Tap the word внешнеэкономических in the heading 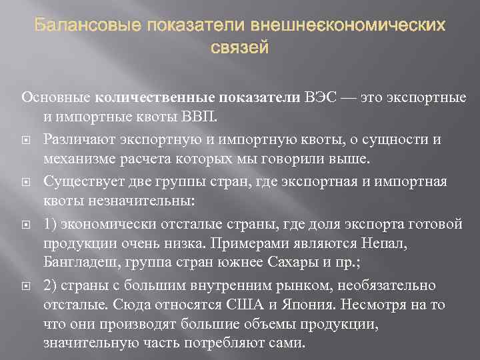click(348, 27)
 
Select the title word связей click(239, 47)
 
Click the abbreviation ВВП click(205, 118)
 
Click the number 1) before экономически click(50, 223)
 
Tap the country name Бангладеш click(83, 263)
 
